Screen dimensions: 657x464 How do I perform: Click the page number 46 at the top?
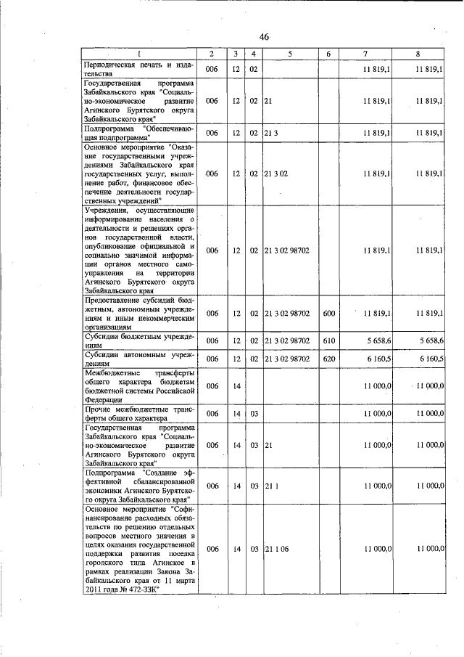pos(263,38)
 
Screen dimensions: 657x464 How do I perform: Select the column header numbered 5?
pos(289,54)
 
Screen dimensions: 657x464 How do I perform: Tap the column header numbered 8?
pos(418,54)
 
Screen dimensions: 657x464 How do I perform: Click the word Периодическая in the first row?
pos(109,65)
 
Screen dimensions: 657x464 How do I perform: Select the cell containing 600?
pos(328,313)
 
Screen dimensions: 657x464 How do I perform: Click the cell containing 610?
pos(328,340)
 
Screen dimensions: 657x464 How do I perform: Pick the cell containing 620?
pos(328,359)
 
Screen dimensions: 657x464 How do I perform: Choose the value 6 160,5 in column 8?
pos(431,359)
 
